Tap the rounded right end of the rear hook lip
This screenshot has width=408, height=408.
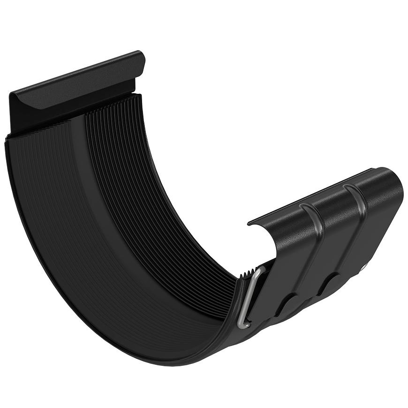140,59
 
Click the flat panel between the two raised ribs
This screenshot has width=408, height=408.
333,234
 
